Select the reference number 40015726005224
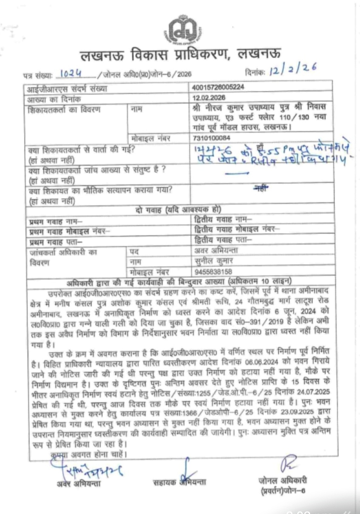click(x=218, y=87)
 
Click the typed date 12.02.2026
click(x=209, y=98)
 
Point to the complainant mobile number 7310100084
click(x=211, y=138)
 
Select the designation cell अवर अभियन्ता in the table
click(x=216, y=250)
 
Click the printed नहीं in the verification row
click(x=261, y=189)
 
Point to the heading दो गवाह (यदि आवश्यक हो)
click(x=178, y=210)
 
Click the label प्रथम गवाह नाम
click(x=56, y=221)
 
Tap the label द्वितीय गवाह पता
click(x=223, y=240)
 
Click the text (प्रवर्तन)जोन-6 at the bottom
click(x=283, y=490)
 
